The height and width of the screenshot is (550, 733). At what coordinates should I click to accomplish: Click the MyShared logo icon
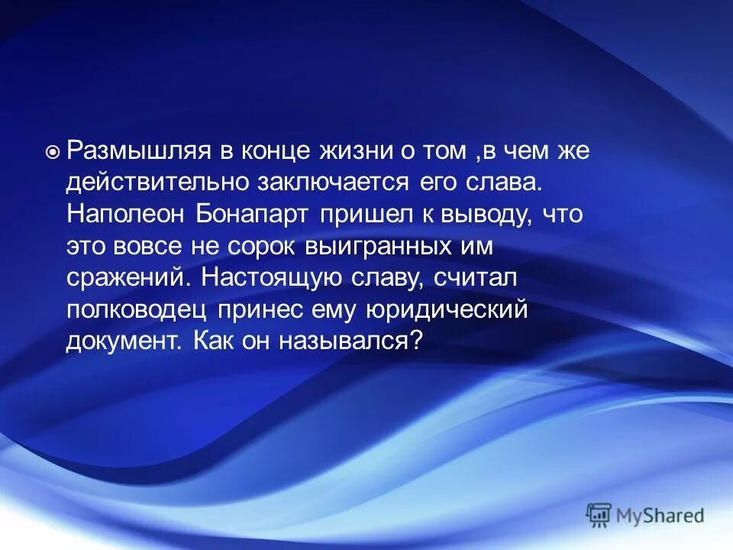pos(599,515)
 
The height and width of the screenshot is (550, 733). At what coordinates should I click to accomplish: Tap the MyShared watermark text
pos(660,516)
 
